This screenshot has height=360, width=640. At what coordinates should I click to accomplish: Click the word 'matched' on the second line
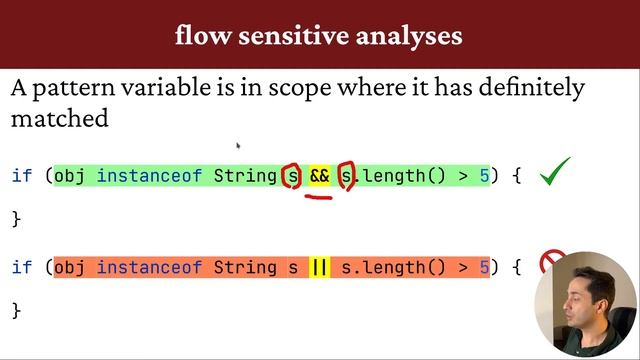pyautogui.click(x=59, y=118)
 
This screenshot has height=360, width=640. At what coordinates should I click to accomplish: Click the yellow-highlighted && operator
pyautogui.click(x=319, y=176)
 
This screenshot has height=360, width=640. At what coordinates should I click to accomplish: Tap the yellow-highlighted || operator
pyautogui.click(x=319, y=267)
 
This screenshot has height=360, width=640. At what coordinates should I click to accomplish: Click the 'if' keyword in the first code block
pyautogui.click(x=22, y=176)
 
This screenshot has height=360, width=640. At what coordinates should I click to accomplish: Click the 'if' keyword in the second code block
pyautogui.click(x=22, y=267)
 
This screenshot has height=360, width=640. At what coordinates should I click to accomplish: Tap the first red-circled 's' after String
pyautogui.click(x=292, y=177)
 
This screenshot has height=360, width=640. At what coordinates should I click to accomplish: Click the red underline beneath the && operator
pyautogui.click(x=319, y=197)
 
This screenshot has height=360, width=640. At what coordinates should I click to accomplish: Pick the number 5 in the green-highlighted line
pyautogui.click(x=484, y=176)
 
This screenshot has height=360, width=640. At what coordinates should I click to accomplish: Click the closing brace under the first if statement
pyautogui.click(x=15, y=218)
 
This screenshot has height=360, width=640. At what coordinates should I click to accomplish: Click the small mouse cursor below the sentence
pyautogui.click(x=238, y=146)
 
